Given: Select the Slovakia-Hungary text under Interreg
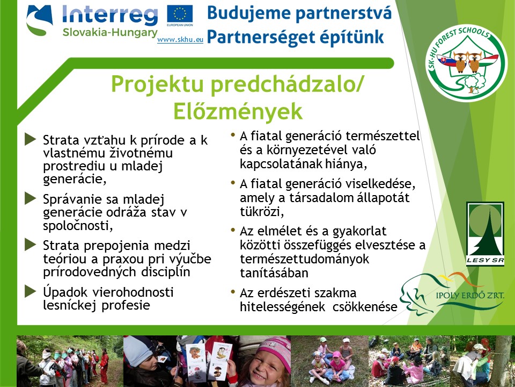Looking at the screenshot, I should coord(107,32).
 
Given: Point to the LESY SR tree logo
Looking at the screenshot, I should coord(485,230).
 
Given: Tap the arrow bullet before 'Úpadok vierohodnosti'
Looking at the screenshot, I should coord(30,292).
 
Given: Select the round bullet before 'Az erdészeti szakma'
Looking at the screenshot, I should coord(233,292).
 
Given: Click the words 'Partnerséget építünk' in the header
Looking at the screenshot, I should coord(296,37).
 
